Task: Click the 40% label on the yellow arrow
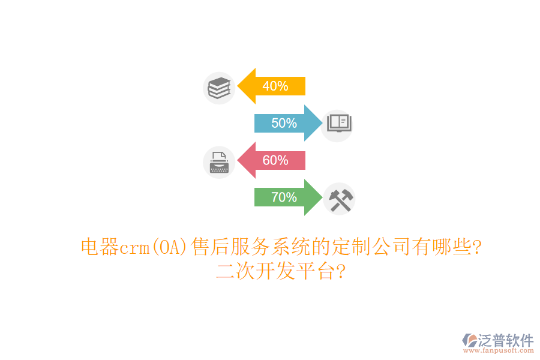click(x=275, y=86)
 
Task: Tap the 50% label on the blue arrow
click(x=284, y=124)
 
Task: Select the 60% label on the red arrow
click(x=275, y=161)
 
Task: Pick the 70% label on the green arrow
click(x=284, y=197)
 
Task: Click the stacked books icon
click(x=219, y=88)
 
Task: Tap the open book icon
click(x=338, y=124)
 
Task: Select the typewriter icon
click(x=219, y=163)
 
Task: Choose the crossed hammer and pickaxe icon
click(x=340, y=199)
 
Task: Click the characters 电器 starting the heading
click(x=100, y=247)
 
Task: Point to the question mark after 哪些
click(x=476, y=247)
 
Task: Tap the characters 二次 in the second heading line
click(x=235, y=272)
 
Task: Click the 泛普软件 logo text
click(x=505, y=341)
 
